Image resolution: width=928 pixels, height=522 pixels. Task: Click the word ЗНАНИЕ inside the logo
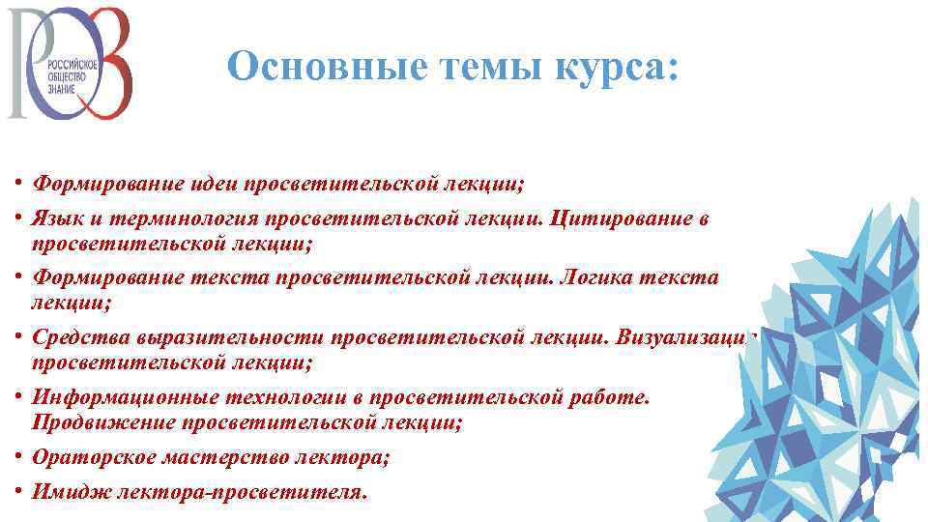(x=62, y=83)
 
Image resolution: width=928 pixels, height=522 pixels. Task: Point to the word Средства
(x=81, y=337)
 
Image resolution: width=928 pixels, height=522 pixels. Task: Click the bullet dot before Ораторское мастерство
(x=18, y=457)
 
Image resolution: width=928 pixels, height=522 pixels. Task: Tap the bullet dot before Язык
(x=18, y=218)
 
